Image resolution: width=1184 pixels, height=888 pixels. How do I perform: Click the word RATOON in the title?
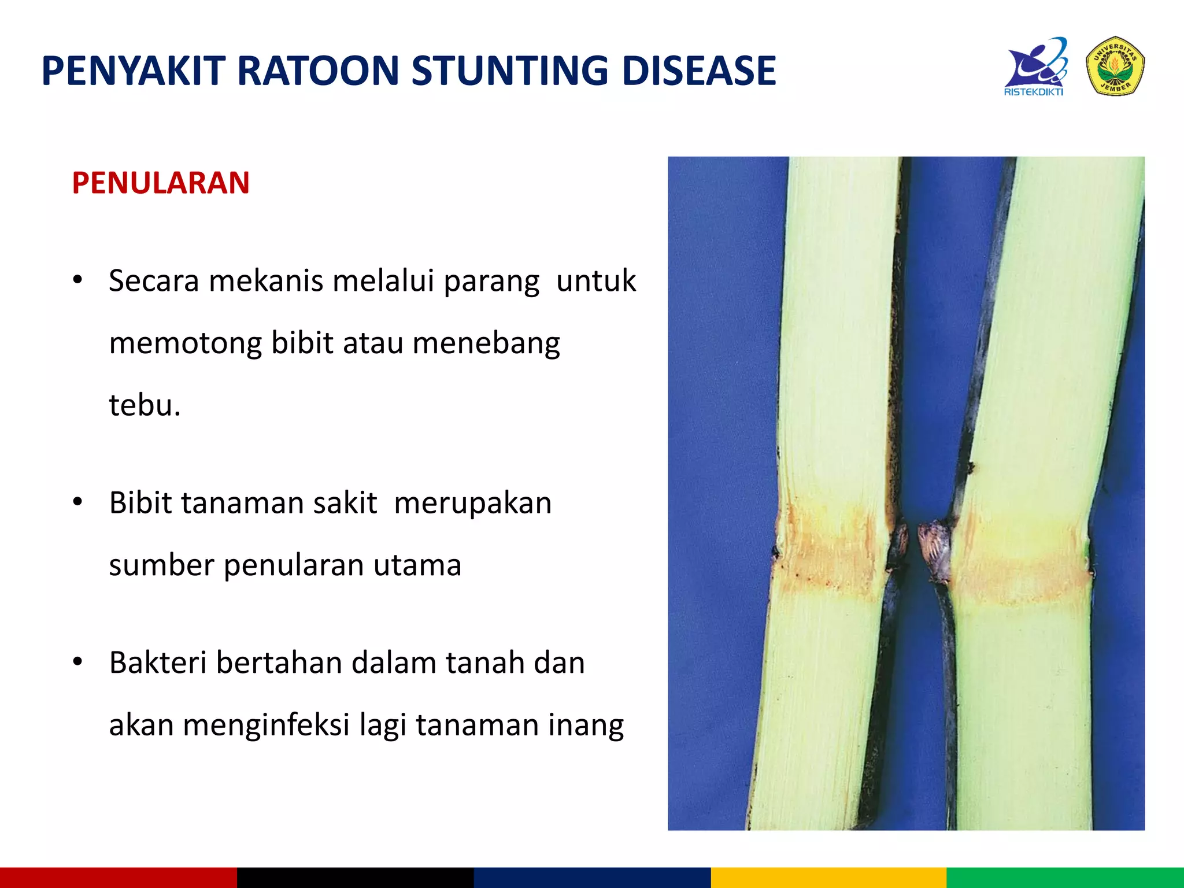(317, 71)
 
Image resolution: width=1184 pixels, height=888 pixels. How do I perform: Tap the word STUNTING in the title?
(509, 71)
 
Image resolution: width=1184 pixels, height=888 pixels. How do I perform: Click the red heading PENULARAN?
(161, 183)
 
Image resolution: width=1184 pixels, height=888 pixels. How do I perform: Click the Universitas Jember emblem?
(1115, 66)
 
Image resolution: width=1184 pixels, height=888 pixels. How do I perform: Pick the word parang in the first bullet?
(491, 282)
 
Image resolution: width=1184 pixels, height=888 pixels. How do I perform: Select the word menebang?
(486, 344)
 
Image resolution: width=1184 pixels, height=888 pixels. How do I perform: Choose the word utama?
(417, 565)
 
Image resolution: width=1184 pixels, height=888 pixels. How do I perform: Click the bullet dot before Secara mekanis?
(78, 280)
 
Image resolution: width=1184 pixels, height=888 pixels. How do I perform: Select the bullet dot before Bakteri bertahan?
(78, 662)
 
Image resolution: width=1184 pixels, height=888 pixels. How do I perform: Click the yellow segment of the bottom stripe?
(828, 878)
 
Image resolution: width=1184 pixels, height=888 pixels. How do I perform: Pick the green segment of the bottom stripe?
(1065, 878)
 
